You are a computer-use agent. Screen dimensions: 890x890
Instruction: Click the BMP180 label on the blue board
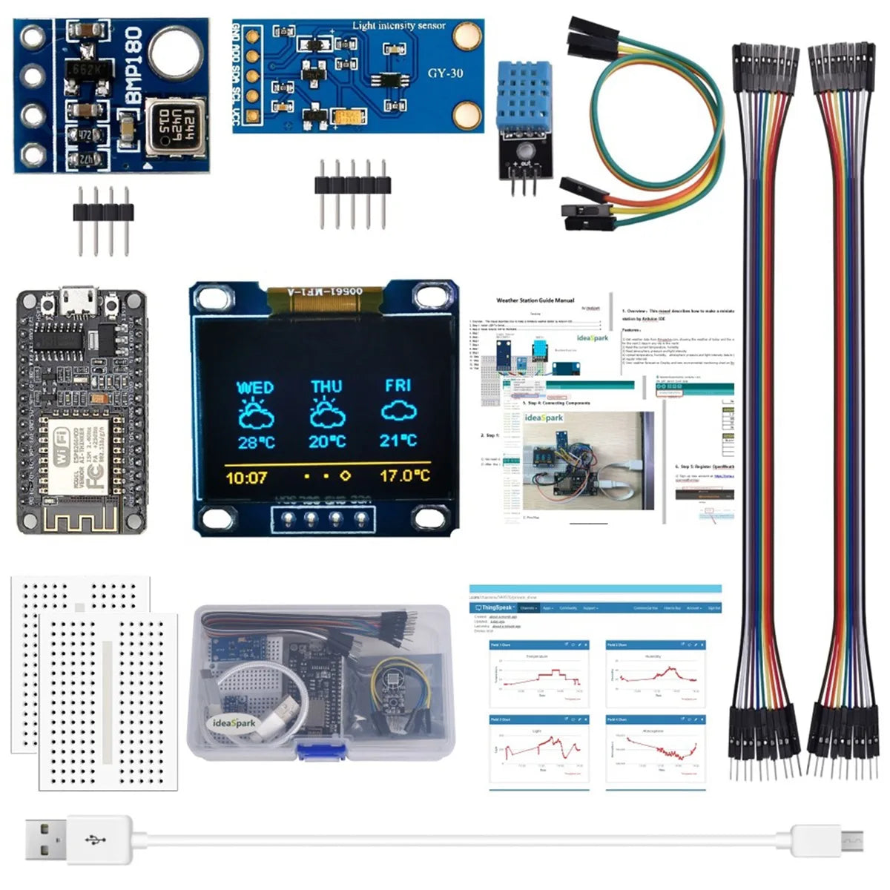[x=133, y=67]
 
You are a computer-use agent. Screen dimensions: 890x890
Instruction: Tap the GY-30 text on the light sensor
[x=445, y=73]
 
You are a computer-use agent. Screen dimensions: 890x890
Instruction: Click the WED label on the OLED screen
[x=254, y=387]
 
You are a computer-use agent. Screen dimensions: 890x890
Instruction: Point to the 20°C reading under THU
[x=327, y=441]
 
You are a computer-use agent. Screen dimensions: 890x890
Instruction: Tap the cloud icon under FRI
[x=398, y=412]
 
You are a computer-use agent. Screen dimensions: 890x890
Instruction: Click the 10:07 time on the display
[x=245, y=478]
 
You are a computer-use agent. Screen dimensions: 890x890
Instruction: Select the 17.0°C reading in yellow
[x=404, y=475]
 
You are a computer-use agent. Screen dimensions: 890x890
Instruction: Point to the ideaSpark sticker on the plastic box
[x=234, y=723]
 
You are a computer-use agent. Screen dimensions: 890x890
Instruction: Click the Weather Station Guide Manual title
[x=535, y=300]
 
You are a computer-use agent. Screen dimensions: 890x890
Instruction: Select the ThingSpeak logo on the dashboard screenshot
[x=495, y=607]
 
